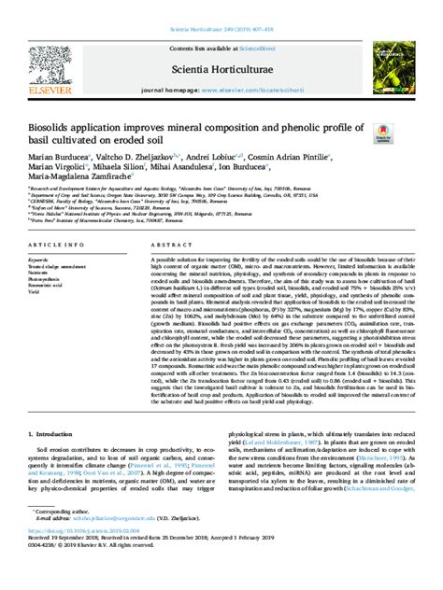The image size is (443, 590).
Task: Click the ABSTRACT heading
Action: (x=167, y=245)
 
